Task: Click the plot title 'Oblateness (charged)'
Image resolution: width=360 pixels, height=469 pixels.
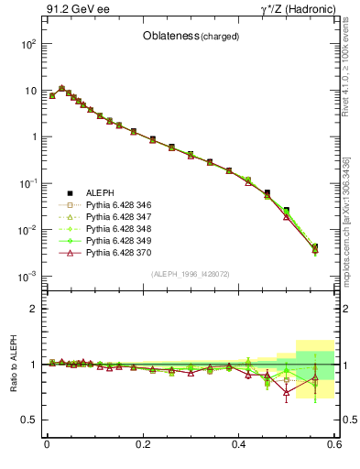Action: (x=191, y=37)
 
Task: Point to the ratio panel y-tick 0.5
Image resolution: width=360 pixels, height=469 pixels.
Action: (x=32, y=420)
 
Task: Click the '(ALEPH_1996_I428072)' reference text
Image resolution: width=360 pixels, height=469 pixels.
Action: (x=191, y=275)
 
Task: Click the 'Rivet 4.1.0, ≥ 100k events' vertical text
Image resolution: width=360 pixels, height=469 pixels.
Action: (x=352, y=73)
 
